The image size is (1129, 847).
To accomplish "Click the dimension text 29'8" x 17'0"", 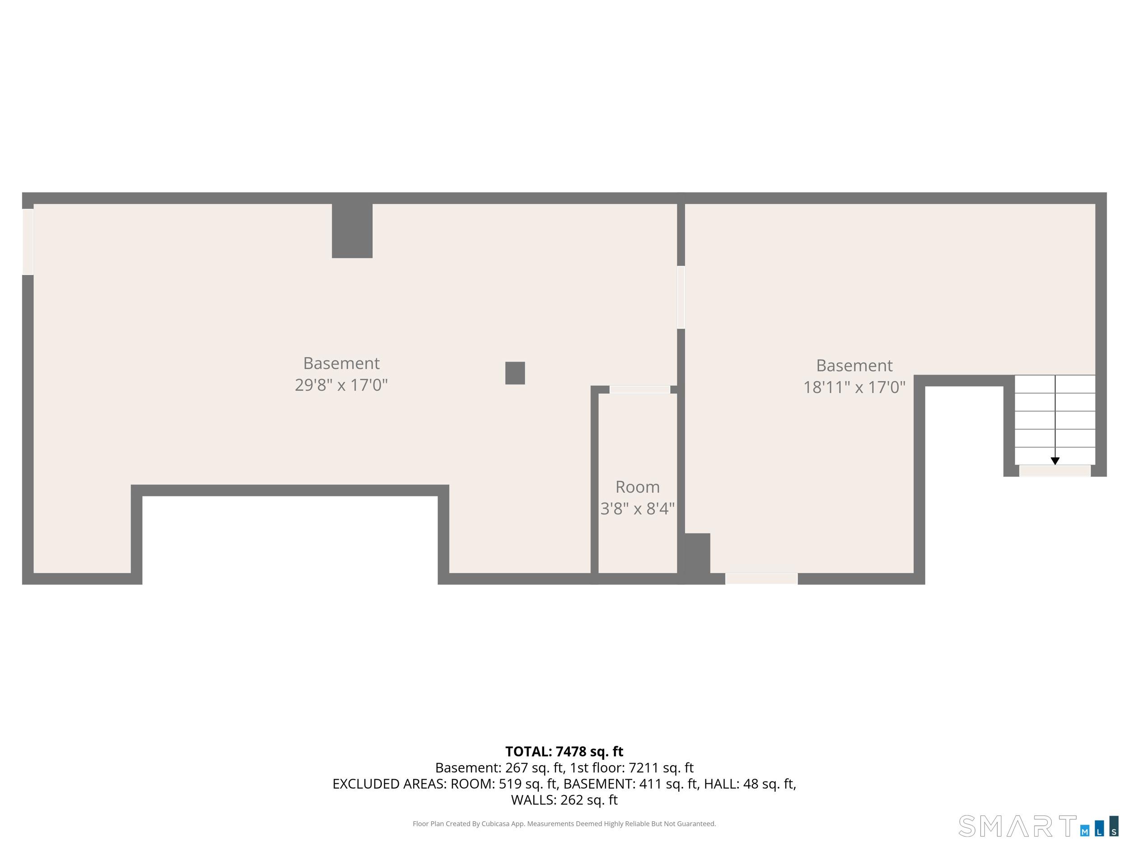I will click(x=341, y=384).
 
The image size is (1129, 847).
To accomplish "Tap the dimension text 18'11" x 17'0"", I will click(x=854, y=387).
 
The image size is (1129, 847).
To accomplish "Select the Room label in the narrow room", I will click(x=638, y=487).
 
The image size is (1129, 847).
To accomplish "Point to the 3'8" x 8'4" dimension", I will click(x=638, y=509).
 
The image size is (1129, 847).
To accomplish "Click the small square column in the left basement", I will click(x=515, y=373).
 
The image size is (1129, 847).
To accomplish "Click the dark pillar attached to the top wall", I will click(x=352, y=230).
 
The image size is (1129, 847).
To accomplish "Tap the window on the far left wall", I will click(x=28, y=242).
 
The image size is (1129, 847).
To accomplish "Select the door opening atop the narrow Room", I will click(x=639, y=389).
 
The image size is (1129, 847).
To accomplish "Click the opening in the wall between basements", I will click(x=681, y=297).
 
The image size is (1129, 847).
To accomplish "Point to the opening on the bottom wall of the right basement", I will click(x=761, y=579).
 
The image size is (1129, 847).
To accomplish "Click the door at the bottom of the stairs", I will click(x=1054, y=471).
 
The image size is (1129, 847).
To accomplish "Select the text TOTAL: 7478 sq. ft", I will click(x=564, y=751).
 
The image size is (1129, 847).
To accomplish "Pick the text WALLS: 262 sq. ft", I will click(x=564, y=800).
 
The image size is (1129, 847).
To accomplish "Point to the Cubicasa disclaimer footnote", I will click(x=564, y=824).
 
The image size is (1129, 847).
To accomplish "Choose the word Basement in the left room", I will click(x=341, y=363).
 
